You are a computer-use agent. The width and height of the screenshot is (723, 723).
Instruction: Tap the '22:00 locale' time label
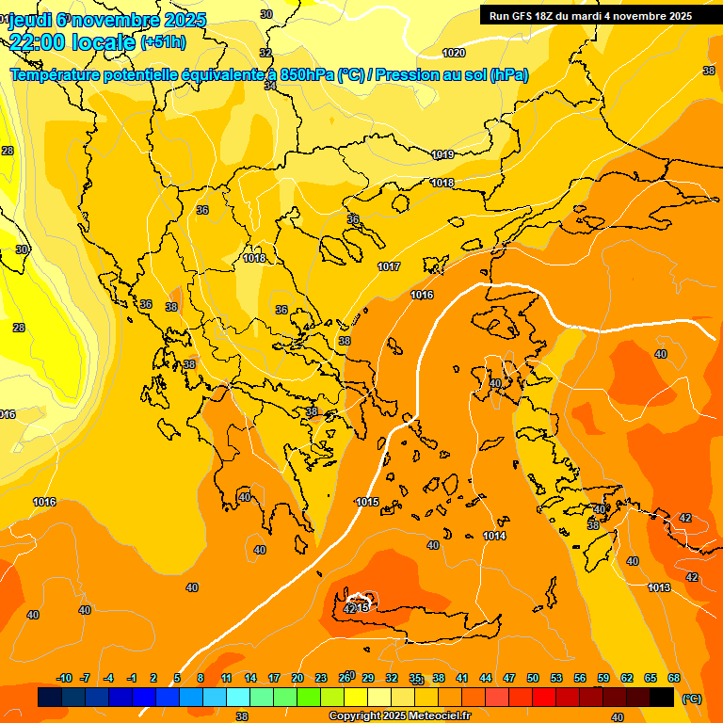72,41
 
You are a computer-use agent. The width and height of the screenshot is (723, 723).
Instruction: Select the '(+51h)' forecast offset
163,42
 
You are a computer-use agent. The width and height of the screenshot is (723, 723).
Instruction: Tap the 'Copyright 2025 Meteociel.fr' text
400,716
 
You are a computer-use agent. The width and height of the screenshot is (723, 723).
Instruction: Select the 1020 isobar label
454,53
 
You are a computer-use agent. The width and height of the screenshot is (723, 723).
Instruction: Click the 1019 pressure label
442,154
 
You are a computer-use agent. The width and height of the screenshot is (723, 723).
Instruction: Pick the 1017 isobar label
389,266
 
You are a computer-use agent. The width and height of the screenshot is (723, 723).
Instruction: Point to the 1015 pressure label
367,502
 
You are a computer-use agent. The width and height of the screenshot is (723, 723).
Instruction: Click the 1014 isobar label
494,536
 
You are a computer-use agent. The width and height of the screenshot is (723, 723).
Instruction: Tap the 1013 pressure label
660,587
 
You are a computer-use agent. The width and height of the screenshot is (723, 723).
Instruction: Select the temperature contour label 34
270,86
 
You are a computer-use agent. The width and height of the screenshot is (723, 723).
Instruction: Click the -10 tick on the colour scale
64,678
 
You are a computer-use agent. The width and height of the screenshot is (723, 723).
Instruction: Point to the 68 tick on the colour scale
674,678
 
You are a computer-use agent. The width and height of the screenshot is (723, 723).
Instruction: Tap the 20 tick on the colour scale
297,678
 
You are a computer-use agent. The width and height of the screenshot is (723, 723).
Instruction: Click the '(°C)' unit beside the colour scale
692,698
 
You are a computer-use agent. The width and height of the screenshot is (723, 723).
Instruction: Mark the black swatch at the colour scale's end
661,698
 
